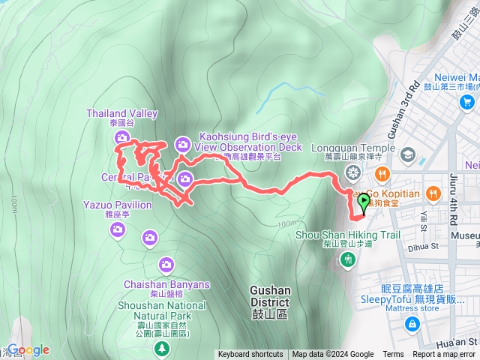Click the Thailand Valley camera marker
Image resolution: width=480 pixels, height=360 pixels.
tap(121, 137)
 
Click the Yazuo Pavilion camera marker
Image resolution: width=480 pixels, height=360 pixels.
tap(117, 229)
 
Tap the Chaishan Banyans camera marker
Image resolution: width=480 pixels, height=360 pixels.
tap(166, 264)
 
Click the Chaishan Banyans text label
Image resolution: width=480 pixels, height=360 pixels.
tap(167, 285)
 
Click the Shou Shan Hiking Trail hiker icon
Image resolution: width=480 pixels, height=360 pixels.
tap(347, 259)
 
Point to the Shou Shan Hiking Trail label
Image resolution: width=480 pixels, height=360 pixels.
tap(349, 234)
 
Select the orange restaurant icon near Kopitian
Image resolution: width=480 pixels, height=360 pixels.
tap(383, 174)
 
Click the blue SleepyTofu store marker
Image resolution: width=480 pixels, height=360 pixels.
tap(412, 324)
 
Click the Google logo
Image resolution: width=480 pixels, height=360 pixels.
tap(28, 350)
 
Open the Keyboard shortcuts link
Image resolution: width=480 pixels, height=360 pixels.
tap(250, 355)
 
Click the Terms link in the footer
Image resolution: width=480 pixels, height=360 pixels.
tap(393, 355)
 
